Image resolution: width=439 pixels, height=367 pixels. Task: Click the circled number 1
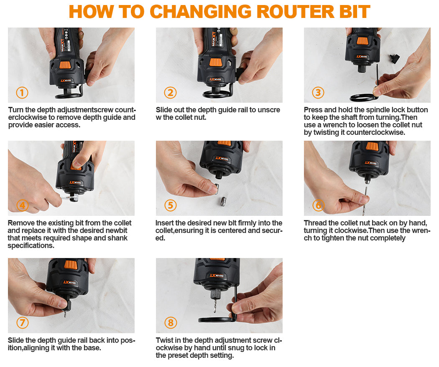(x=22, y=93)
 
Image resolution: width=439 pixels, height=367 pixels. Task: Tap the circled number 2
(x=170, y=93)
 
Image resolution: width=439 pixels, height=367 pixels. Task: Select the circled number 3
(x=318, y=93)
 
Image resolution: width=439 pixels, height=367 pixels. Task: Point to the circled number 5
(x=170, y=205)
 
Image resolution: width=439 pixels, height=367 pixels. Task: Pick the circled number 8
(x=170, y=323)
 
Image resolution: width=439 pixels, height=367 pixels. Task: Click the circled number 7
(x=23, y=323)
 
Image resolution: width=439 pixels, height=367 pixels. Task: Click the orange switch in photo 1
(x=65, y=66)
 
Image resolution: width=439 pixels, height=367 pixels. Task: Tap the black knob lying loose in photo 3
(x=394, y=59)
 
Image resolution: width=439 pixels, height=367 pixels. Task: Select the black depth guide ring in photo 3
(x=362, y=98)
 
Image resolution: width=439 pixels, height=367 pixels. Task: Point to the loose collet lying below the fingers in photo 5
(x=223, y=201)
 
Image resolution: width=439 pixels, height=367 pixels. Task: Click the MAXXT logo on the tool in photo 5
(x=222, y=159)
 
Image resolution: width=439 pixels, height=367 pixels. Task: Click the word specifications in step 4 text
(x=31, y=246)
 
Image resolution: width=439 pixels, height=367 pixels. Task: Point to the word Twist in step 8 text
(x=164, y=340)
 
